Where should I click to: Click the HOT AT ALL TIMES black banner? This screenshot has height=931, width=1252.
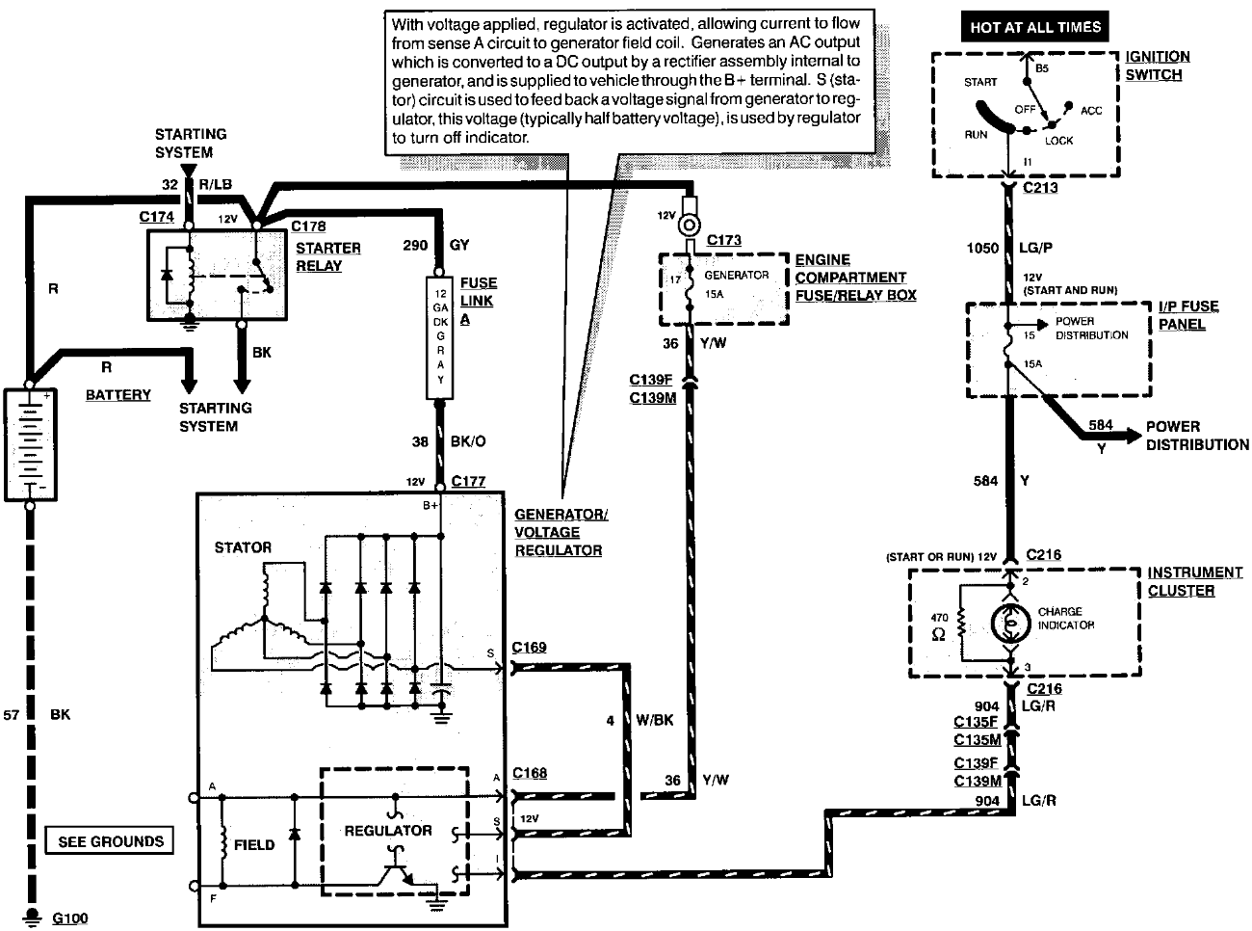(x=1034, y=27)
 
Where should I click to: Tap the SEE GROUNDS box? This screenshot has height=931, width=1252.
(x=110, y=841)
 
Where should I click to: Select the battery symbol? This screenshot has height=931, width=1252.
(x=31, y=444)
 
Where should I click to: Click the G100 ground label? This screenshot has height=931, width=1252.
(x=70, y=918)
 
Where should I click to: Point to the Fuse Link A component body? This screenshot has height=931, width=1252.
(x=440, y=338)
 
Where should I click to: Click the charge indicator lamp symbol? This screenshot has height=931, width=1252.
(x=1010, y=624)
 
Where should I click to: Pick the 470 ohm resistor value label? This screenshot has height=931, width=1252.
(x=939, y=626)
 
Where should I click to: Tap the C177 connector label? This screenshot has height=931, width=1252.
(x=468, y=481)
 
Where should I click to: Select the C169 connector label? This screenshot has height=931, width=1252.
(x=529, y=647)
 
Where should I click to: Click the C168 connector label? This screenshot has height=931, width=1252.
(x=530, y=773)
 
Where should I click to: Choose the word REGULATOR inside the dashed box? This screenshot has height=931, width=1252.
(x=388, y=831)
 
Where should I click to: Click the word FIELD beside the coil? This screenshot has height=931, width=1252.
(x=254, y=845)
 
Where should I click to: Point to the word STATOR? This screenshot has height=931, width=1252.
(x=243, y=547)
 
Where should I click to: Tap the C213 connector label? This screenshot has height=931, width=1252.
(x=1040, y=188)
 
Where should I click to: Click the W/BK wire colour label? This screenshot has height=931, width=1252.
(x=655, y=720)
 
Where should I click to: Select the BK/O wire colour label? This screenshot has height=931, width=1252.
(x=468, y=441)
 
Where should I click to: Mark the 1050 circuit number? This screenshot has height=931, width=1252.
(x=982, y=248)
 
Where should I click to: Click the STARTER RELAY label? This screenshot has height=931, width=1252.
(x=328, y=257)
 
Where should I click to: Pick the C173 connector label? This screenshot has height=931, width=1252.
(x=723, y=240)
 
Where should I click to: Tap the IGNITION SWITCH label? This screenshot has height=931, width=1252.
(x=1158, y=66)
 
